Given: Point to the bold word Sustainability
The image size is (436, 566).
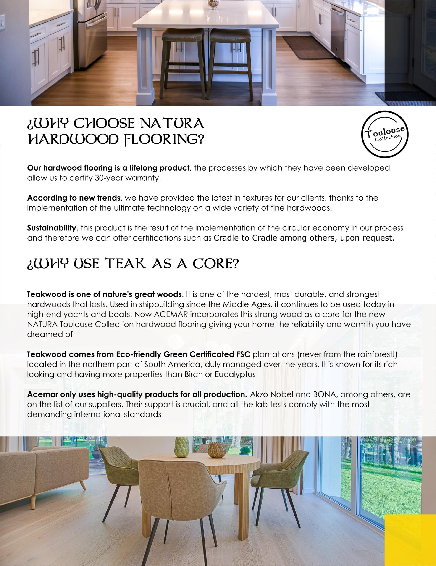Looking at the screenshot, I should coord(52,228).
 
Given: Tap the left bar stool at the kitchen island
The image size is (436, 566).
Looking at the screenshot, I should coord(183,62).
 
